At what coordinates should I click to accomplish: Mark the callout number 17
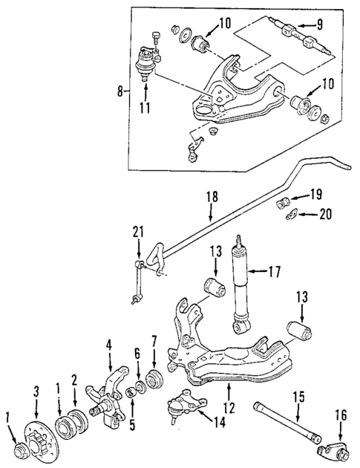tap(274, 272)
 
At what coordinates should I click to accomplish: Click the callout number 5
tap(132, 428)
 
